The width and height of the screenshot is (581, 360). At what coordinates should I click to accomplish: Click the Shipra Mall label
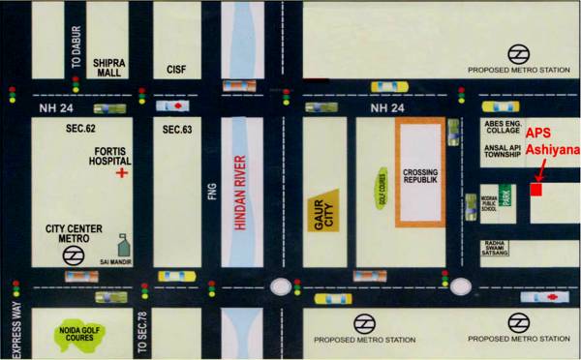pos(108,65)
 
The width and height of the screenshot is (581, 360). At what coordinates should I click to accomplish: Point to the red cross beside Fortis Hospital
pos(122,172)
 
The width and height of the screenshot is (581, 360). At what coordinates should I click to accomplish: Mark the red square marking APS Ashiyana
pos(536,190)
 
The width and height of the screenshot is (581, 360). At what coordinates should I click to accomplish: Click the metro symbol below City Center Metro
pos(71,255)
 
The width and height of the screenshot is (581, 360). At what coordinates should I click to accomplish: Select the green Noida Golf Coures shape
pos(75,334)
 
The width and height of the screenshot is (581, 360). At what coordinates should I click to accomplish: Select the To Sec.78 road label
pos(141,333)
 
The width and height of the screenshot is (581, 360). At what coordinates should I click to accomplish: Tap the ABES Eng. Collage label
pos(502,129)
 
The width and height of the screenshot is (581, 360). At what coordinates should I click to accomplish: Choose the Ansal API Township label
pos(502,151)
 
